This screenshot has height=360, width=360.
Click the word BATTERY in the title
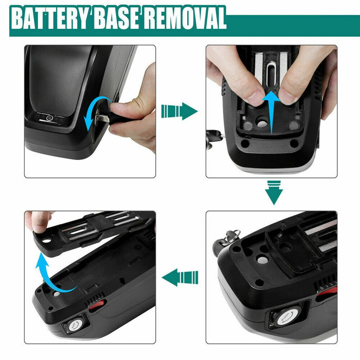pos(50,18)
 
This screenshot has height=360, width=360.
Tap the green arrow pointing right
pos(179,112)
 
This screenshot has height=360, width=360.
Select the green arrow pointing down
pos(274,192)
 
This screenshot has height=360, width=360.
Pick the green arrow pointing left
pos(180,277)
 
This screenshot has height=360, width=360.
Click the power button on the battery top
pos(49,118)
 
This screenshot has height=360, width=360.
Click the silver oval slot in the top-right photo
pos(272,74)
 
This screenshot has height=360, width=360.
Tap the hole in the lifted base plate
pos(47,240)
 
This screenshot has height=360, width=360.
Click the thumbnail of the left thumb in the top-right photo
pos(256,97)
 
